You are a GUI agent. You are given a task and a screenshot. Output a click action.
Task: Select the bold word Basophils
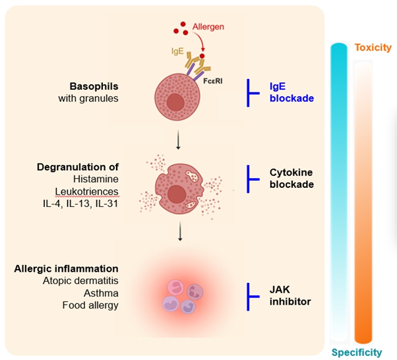click(x=94, y=87)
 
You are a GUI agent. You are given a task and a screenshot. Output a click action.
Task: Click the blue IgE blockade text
click(x=291, y=92)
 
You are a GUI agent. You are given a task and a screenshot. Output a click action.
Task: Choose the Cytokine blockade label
click(x=291, y=178)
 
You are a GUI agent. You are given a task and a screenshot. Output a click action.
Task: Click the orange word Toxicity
click(x=373, y=47)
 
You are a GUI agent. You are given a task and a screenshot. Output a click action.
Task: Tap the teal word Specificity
click(x=356, y=352)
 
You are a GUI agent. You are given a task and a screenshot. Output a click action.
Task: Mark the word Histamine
click(x=96, y=179)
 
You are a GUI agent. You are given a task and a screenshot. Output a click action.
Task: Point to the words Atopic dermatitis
click(x=85, y=281)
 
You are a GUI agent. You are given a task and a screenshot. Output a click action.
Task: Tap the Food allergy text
click(x=91, y=305)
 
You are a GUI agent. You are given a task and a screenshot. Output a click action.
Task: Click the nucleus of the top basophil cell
click(x=175, y=102)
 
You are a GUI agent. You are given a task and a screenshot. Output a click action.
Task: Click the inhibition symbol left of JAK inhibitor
click(x=251, y=296)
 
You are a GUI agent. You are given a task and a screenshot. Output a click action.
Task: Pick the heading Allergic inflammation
click(x=66, y=268)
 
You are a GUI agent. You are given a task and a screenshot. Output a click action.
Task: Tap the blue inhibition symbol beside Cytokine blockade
click(x=251, y=178)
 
